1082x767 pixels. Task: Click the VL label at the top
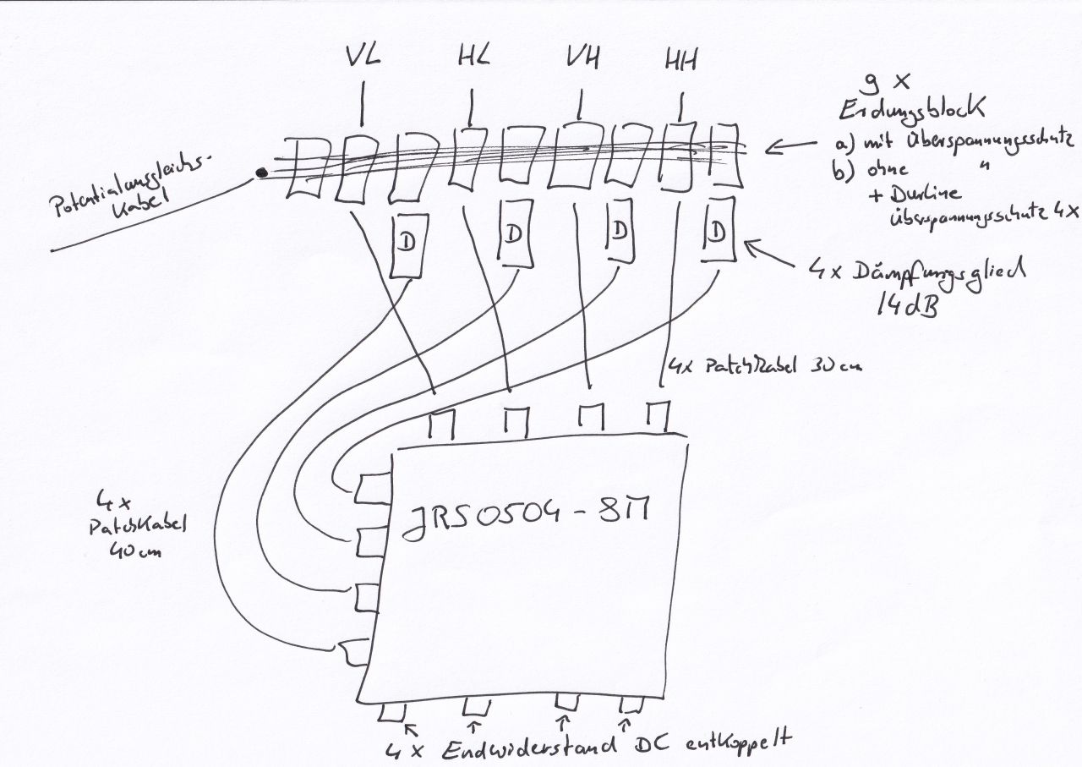[363, 58]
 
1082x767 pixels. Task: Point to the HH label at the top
[680, 60]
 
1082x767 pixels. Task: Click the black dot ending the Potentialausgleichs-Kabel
[261, 173]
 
